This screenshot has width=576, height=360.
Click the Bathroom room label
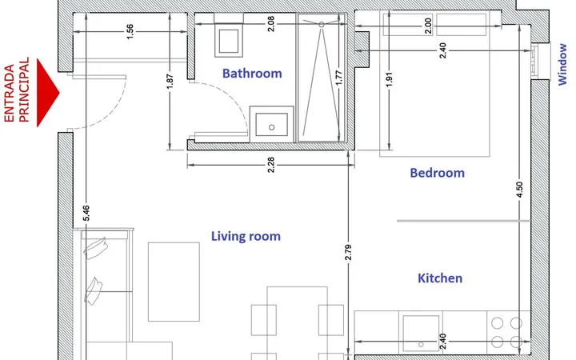[x=252, y=74]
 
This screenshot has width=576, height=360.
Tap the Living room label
[x=246, y=236]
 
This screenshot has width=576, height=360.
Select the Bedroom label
[x=437, y=173]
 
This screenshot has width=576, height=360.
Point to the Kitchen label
[x=440, y=278]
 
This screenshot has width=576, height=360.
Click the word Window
[x=562, y=64]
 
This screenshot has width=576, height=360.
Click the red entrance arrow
[x=48, y=93]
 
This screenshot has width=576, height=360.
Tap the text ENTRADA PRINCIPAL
[x=16, y=90]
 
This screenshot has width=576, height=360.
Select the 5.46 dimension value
[x=86, y=213]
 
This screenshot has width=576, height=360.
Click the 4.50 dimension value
[x=519, y=190]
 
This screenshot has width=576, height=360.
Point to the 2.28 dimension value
[x=270, y=165]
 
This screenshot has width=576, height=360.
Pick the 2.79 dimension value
[x=348, y=252]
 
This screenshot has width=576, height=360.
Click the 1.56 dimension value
[x=130, y=31]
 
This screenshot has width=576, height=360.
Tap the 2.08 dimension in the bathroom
[x=270, y=24]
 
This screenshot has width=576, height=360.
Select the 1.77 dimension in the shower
[x=338, y=78]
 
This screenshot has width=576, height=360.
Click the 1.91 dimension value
[x=390, y=79]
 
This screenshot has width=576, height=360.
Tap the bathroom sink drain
[x=271, y=127]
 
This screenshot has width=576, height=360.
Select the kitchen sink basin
[x=421, y=334]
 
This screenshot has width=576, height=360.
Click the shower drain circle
[x=322, y=25]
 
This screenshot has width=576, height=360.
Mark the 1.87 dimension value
[x=170, y=82]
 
